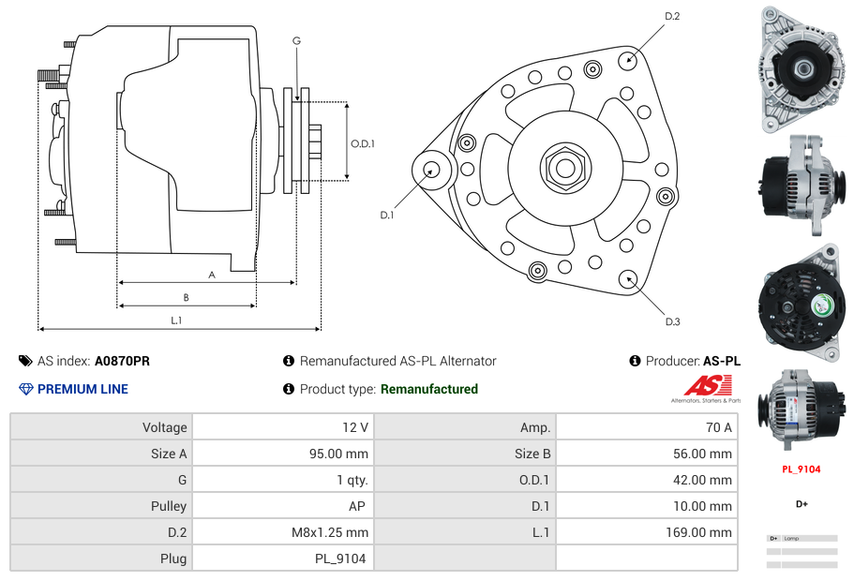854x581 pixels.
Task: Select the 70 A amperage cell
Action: [718, 427]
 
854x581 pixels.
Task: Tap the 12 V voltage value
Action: [354, 427]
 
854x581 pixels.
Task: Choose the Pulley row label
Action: [168, 506]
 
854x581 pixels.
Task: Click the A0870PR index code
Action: [122, 361]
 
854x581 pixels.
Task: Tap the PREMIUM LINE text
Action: [82, 389]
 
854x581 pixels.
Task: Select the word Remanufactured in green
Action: [428, 389]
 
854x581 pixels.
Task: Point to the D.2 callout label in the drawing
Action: [672, 17]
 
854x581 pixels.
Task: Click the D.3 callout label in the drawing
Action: [672, 322]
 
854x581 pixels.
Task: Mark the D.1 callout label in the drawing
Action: [386, 216]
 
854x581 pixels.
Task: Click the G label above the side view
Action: [296, 40]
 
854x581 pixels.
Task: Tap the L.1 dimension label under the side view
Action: [176, 320]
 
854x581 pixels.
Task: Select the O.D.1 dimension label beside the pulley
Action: [363, 144]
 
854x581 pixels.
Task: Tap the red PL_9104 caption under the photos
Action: [802, 469]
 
